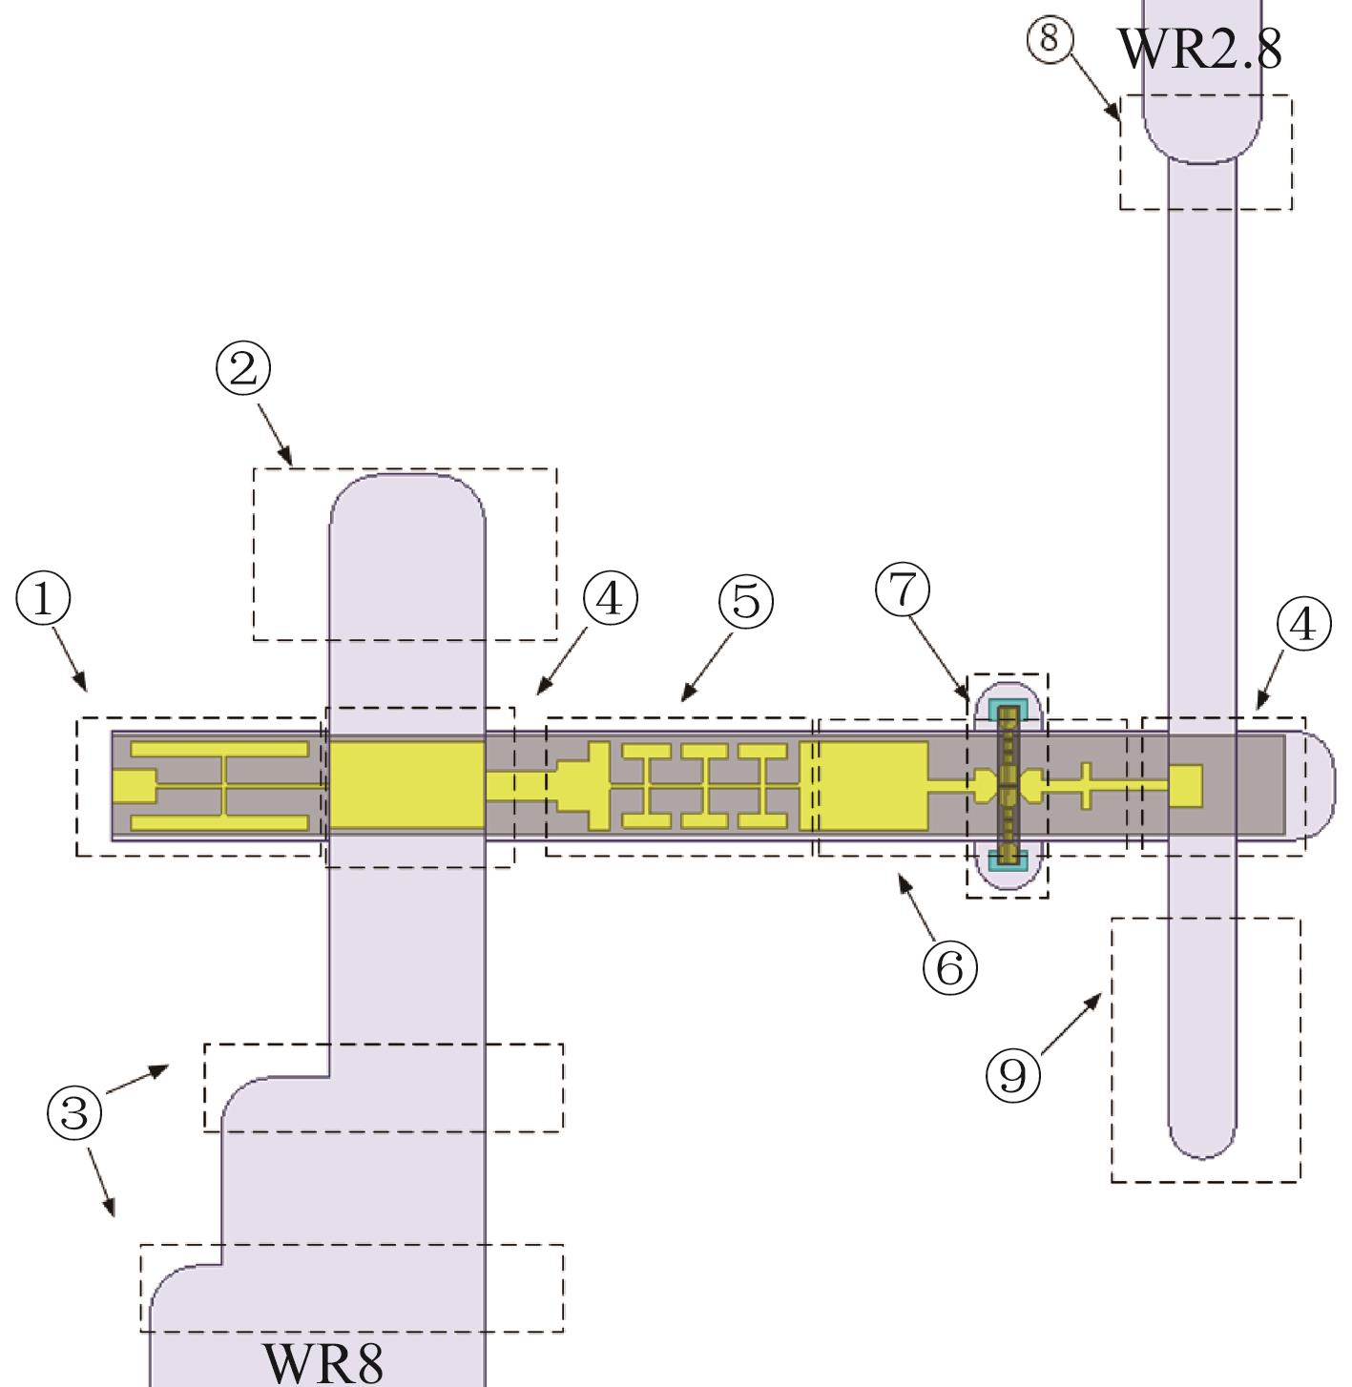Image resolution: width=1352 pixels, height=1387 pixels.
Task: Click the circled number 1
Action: point(44,599)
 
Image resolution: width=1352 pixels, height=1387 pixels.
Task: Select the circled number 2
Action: point(244,368)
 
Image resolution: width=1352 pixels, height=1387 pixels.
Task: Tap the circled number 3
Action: point(74,1112)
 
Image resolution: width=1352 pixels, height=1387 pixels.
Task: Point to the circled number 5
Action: point(746,602)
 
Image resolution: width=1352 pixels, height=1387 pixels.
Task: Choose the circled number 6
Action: point(949,967)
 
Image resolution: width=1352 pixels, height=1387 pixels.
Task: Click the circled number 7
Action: point(903,590)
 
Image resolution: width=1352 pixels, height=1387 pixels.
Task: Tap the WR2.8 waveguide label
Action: point(1200,49)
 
